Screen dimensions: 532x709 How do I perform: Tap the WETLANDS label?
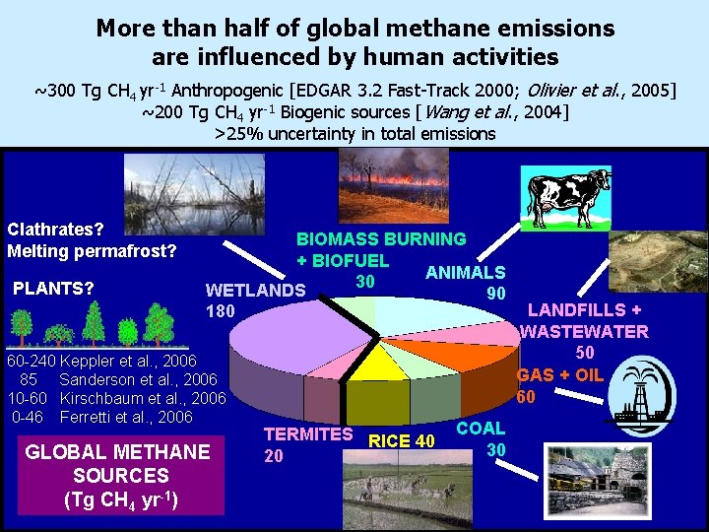tap(255, 291)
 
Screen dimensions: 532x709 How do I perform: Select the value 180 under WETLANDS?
tap(221, 312)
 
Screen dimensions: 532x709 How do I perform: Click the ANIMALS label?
tap(466, 273)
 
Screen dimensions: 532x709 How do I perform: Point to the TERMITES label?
tap(307, 433)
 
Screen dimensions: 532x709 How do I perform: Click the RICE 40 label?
tap(401, 440)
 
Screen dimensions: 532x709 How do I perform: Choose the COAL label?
tap(481, 429)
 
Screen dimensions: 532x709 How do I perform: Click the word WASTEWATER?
tap(584, 331)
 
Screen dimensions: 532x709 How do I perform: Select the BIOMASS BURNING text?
tap(381, 238)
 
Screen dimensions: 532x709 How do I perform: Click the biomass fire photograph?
tap(394, 177)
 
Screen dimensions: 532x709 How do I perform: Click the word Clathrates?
tap(56, 229)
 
